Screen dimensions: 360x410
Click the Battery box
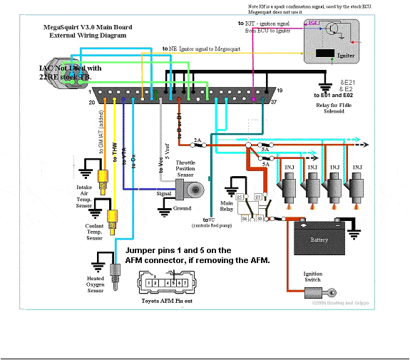pyautogui.click(x=319, y=240)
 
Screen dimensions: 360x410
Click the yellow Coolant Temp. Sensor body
pyautogui.click(x=111, y=217)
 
